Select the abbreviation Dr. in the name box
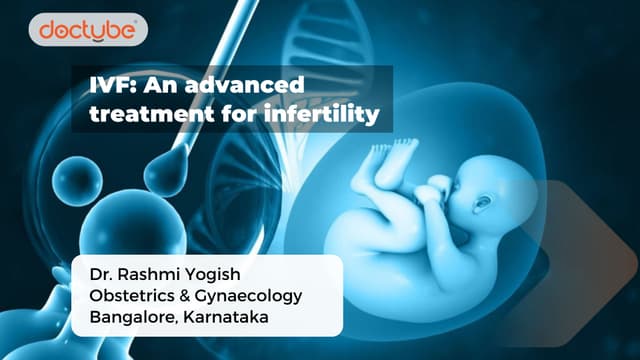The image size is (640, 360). (100, 274)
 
